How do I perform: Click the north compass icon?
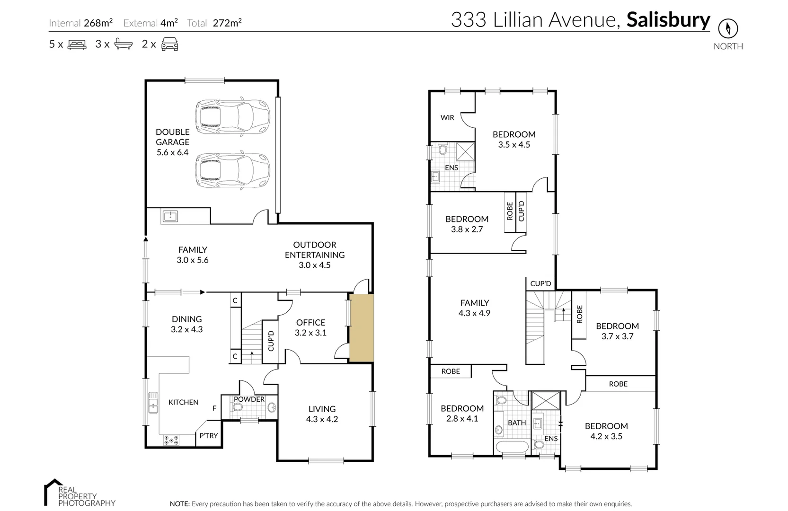[x=728, y=28]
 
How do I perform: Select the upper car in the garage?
[x=232, y=117]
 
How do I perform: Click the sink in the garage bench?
[x=170, y=216]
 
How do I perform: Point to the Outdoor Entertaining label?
[x=315, y=255]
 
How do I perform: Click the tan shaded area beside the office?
[x=361, y=328]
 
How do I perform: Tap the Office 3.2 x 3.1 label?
[x=310, y=327]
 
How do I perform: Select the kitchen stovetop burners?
[x=171, y=440]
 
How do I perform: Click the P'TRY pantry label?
[x=209, y=435]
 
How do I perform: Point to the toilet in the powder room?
[x=237, y=407]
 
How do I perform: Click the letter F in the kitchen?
[x=214, y=408]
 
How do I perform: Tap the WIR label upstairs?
[x=447, y=117]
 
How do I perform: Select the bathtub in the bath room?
[x=512, y=447]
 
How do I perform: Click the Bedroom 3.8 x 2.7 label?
[x=467, y=224]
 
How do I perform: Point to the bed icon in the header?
[x=77, y=44]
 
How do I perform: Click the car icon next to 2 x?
[x=169, y=44]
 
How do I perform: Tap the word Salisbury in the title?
[x=668, y=20]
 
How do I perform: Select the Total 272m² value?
[x=227, y=23]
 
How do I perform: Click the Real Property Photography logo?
[x=80, y=493]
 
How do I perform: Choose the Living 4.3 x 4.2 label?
[x=322, y=414]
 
